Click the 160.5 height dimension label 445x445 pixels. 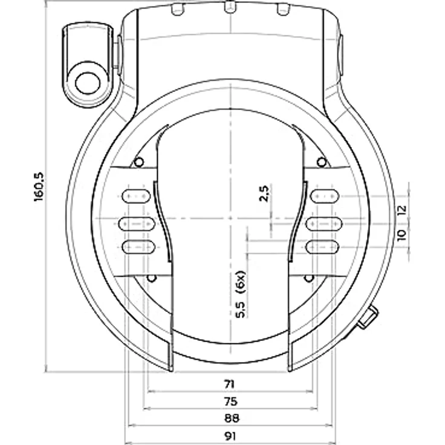click(39, 187)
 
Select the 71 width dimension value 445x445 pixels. click(230, 385)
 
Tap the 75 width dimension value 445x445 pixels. click(230, 401)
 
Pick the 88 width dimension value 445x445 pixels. click(232, 418)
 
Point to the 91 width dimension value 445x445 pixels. click(230, 436)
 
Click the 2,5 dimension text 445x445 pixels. click(264, 193)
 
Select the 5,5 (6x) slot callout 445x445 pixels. click(241, 294)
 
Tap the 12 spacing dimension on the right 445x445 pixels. click(402, 210)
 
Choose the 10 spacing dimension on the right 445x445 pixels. click(402, 235)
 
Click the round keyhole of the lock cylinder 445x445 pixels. click(88, 83)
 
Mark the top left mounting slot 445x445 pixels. click(136, 196)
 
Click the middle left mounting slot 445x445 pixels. click(137, 224)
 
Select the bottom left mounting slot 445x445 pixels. click(138, 247)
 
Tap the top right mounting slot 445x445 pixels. click(325, 196)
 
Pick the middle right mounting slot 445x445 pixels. click(324, 224)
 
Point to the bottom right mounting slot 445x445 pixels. click(322, 247)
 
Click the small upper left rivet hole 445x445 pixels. click(138, 162)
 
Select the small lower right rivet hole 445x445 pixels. click(309, 278)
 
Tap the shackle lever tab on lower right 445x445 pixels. click(368, 317)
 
